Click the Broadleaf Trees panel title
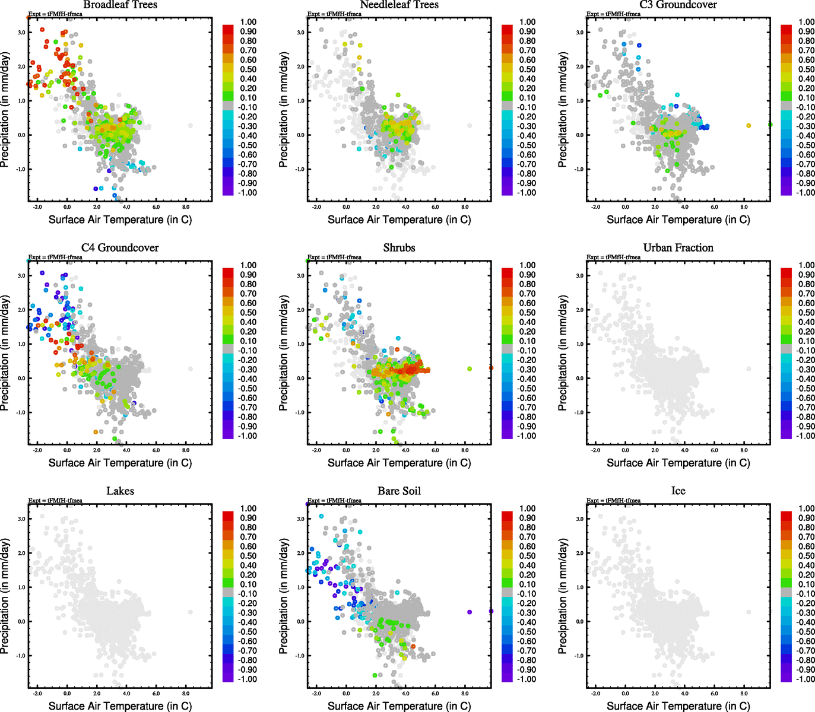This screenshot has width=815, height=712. coord(120,5)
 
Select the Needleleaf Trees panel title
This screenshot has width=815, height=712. coord(399,5)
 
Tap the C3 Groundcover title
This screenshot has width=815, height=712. coord(678,5)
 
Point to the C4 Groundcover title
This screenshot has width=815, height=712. coord(120,248)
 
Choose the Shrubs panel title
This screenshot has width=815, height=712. coord(399,248)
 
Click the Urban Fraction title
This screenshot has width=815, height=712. coord(678,248)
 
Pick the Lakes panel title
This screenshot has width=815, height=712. coord(120,491)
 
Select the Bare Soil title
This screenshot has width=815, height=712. coord(399,491)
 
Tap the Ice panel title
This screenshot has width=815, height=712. coord(678,491)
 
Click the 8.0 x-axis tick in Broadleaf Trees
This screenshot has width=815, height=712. coord(186,207)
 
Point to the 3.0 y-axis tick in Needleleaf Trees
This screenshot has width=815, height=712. coord(301,33)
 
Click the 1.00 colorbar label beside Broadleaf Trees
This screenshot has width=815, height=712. coord(248,22)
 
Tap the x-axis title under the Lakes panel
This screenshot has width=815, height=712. coord(120,706)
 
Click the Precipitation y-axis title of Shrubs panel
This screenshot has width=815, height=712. coord(284,353)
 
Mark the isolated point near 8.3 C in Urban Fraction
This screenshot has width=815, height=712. coord(749,369)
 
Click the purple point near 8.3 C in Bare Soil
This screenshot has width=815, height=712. coord(470,612)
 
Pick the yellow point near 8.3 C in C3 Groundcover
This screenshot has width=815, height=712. coord(749,126)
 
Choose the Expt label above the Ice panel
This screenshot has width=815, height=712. coord(613,500)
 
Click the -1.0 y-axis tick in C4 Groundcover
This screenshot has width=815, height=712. coord(21,412)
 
